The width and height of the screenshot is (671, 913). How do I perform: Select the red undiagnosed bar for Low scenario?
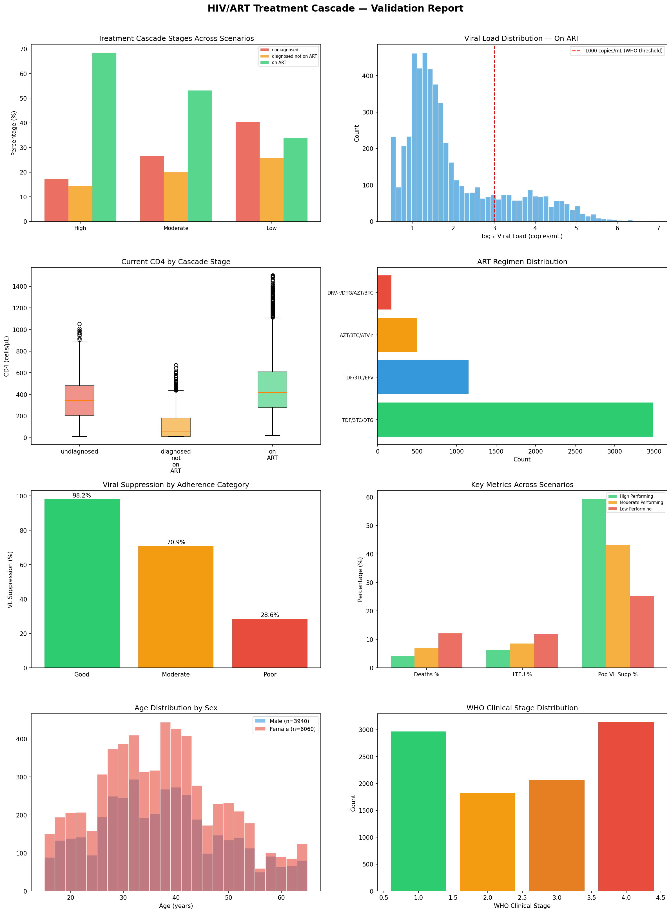(247, 172)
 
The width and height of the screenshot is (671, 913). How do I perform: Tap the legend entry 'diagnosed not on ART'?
(294, 56)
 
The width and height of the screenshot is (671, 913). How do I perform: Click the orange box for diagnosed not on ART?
(176, 427)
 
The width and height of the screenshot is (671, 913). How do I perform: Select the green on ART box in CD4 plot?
(272, 390)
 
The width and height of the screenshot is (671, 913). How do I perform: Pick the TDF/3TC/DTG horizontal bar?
(515, 419)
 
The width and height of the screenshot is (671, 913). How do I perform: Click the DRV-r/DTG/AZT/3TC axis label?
(350, 293)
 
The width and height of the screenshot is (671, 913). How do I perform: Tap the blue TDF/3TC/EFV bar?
(423, 377)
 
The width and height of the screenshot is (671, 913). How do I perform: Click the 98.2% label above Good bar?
(82, 496)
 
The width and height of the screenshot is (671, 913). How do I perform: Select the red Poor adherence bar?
(270, 643)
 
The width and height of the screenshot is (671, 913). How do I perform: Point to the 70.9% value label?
(176, 542)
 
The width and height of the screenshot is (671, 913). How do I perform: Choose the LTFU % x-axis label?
(522, 674)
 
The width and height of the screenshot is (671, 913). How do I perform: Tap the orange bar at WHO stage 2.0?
(487, 841)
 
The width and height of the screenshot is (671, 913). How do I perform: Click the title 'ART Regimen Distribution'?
(522, 262)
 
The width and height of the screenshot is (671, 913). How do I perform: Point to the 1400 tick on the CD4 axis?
(20, 287)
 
